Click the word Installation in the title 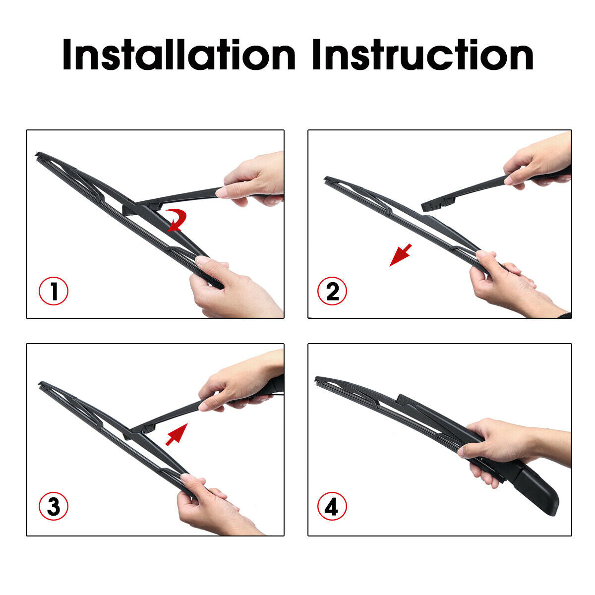(179, 55)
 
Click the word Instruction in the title (422, 55)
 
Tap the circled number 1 (54, 291)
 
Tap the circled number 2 (332, 291)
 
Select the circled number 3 (54, 506)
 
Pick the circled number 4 (332, 506)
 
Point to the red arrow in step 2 (401, 255)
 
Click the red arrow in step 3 (177, 434)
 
